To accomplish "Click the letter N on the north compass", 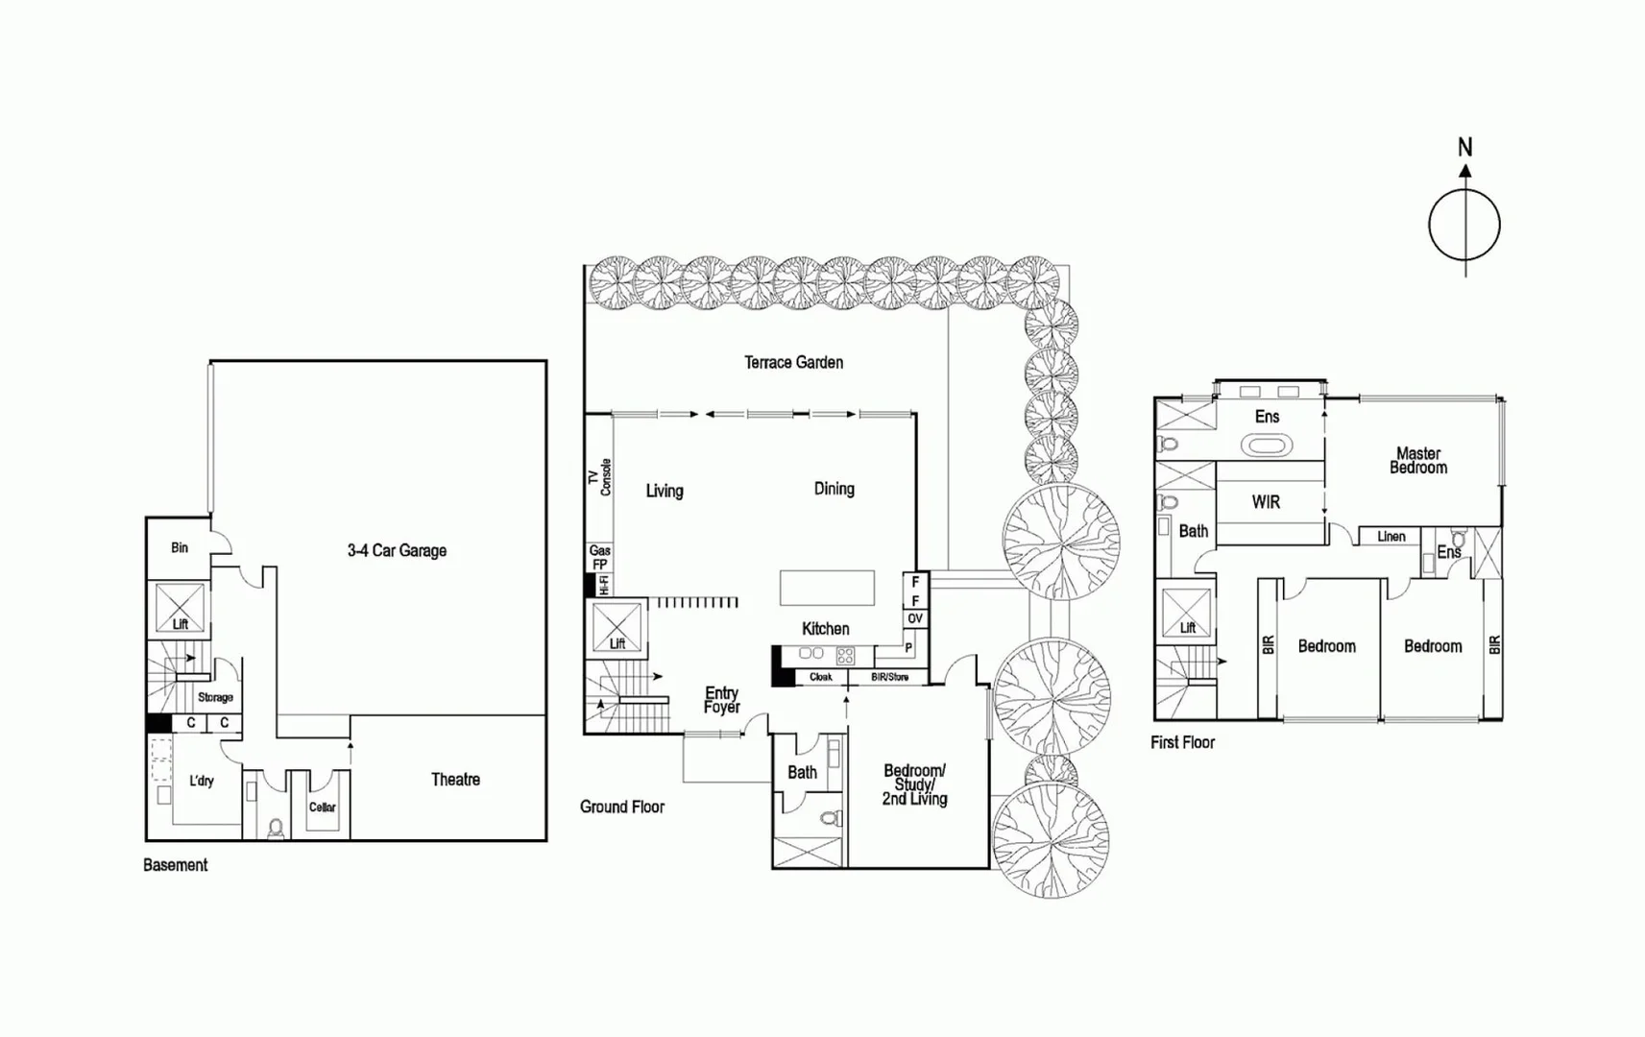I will (x=1464, y=147).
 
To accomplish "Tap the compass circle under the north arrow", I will (x=1464, y=226).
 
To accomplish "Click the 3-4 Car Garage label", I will (x=397, y=550).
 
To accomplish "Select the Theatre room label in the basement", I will (x=455, y=780).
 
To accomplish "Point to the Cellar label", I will (x=323, y=808).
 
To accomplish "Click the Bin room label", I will (x=180, y=547).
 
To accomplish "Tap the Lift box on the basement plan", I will (x=181, y=609).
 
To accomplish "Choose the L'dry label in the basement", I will (x=202, y=781).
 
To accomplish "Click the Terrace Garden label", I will (x=793, y=362).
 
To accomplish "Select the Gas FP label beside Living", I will (x=600, y=557).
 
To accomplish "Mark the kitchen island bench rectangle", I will (x=827, y=588).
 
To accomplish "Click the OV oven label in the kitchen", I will (x=915, y=619).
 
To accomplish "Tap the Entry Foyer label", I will (x=721, y=700).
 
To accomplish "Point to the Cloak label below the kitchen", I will (x=821, y=677).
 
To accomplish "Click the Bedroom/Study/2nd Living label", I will (x=914, y=784).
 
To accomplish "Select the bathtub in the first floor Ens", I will (x=1268, y=446).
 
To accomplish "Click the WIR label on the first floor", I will (x=1266, y=502).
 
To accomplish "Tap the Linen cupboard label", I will (x=1391, y=537).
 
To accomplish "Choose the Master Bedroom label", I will (x=1418, y=461).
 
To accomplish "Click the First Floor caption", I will (x=1182, y=742).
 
